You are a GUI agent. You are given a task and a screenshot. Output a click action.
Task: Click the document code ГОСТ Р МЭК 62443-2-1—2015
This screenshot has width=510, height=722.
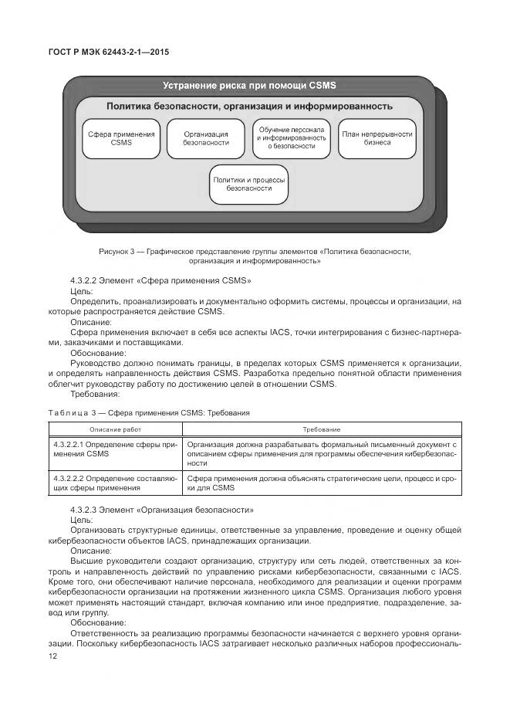[x=109, y=52]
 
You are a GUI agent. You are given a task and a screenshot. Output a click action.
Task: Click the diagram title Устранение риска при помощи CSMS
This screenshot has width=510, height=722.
[x=248, y=85]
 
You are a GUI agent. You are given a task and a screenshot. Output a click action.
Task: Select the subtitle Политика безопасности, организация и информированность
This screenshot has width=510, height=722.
[x=249, y=106]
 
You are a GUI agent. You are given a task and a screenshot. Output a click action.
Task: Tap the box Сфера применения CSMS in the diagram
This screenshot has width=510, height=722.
[x=121, y=138]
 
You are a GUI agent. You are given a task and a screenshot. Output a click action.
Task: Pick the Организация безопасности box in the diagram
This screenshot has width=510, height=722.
[x=206, y=138]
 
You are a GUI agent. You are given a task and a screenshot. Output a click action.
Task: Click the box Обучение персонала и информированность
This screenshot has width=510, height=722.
[x=292, y=138]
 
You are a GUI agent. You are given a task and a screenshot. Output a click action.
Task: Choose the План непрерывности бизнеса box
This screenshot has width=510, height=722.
[x=377, y=138]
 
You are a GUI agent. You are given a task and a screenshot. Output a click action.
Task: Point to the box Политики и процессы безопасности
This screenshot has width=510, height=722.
[x=249, y=184]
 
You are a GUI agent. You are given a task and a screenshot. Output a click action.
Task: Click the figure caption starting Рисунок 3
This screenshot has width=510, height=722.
[x=255, y=256]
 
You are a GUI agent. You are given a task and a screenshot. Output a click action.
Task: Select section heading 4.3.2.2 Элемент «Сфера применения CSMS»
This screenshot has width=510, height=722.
[x=160, y=281]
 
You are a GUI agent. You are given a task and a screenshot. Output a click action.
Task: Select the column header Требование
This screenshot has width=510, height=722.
[x=322, y=429]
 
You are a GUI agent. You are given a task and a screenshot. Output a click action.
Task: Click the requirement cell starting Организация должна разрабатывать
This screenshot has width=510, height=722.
[x=322, y=454]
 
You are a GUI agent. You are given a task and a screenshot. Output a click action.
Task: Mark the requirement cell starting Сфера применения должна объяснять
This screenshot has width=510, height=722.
[x=322, y=483]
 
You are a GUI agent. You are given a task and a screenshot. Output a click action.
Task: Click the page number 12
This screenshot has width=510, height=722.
[x=52, y=656]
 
